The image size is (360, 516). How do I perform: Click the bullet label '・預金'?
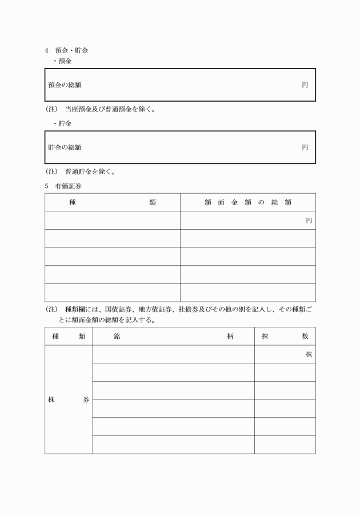point(62,61)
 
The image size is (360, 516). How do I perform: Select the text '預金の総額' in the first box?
point(65,85)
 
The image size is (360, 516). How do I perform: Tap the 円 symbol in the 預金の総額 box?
point(305,85)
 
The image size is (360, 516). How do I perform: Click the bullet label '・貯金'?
point(62,123)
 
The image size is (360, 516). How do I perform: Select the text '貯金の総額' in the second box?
point(65,147)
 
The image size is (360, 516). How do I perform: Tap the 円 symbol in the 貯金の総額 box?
point(305,147)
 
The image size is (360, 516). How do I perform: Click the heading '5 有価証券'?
point(66,186)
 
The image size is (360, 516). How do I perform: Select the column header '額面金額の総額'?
point(248,202)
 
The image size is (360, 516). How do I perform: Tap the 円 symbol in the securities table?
point(309,221)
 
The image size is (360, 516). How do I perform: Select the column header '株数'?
point(285,337)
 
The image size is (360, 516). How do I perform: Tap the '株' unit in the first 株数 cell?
point(309,355)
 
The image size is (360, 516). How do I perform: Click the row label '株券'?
point(68,400)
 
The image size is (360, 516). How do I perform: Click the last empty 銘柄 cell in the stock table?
point(173,445)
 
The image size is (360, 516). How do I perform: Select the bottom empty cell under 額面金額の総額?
point(248,293)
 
